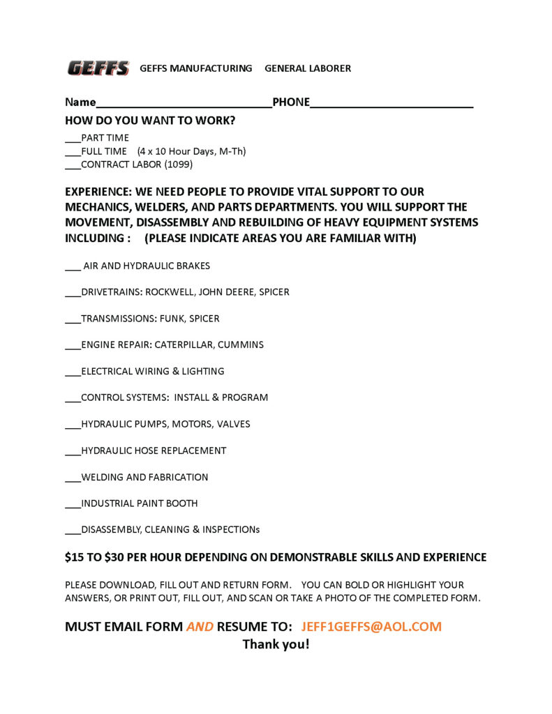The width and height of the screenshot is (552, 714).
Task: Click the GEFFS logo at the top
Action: [98, 68]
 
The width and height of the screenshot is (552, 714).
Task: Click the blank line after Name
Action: [184, 105]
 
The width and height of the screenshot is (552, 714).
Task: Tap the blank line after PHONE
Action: [391, 105]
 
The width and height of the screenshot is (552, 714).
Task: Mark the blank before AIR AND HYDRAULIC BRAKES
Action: [73, 267]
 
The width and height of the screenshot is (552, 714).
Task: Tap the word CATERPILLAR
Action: [184, 344]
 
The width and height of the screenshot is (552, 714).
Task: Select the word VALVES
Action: [233, 424]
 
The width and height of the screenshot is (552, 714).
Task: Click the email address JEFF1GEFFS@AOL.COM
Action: [371, 626]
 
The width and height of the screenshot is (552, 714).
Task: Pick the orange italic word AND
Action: [200, 626]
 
